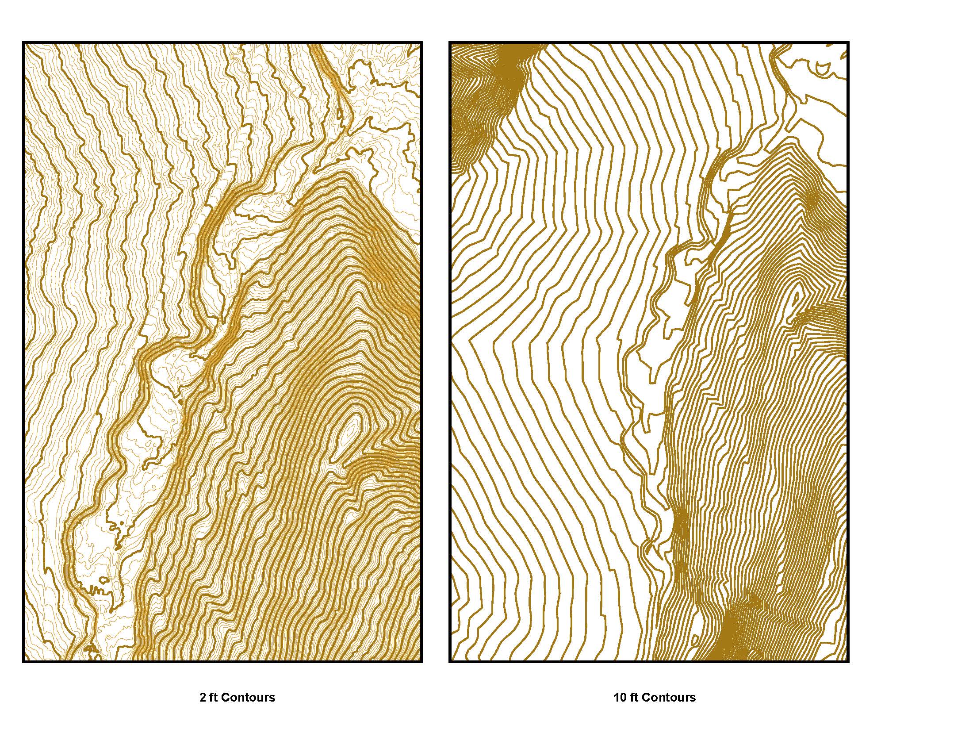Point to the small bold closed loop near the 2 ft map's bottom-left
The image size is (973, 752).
103,580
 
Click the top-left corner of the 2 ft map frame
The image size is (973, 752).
23,43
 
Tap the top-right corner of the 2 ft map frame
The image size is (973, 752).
421,43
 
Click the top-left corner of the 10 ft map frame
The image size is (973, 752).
449,43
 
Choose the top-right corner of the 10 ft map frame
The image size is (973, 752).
848,43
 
